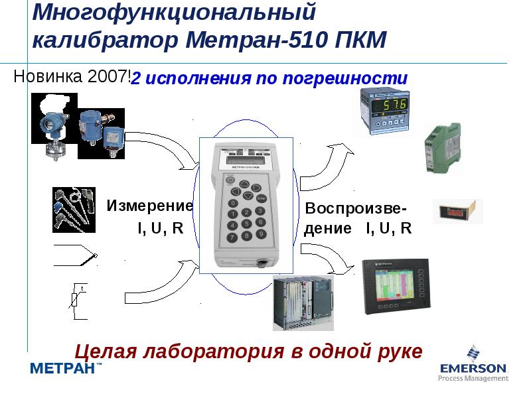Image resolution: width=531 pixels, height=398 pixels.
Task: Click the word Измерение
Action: [150, 206]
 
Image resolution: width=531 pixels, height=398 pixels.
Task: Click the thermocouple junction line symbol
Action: [76, 255]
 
